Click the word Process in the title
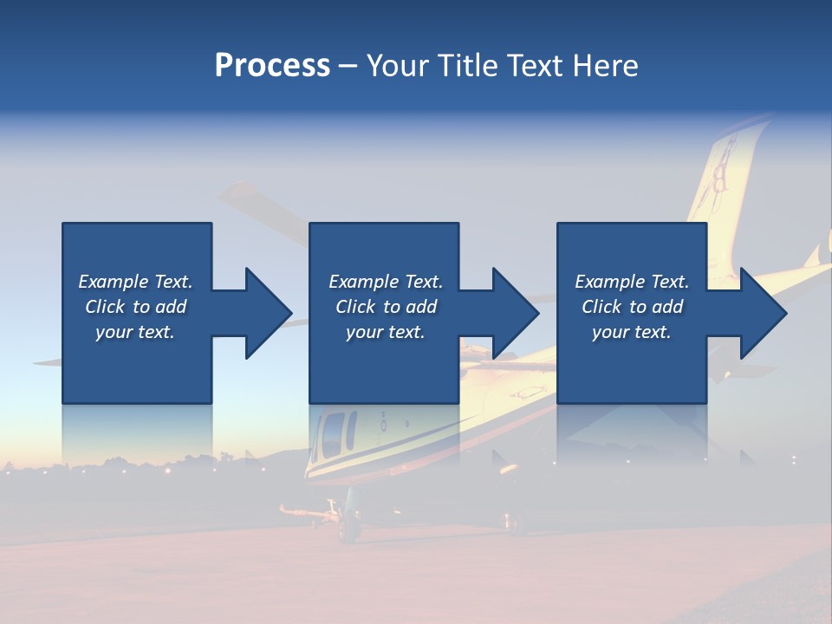[x=272, y=66]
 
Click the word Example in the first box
[x=114, y=282]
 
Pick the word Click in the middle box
[x=354, y=307]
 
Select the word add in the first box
[x=171, y=307]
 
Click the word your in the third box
[x=610, y=332]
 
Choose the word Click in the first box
[x=104, y=307]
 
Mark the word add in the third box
[x=667, y=307]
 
